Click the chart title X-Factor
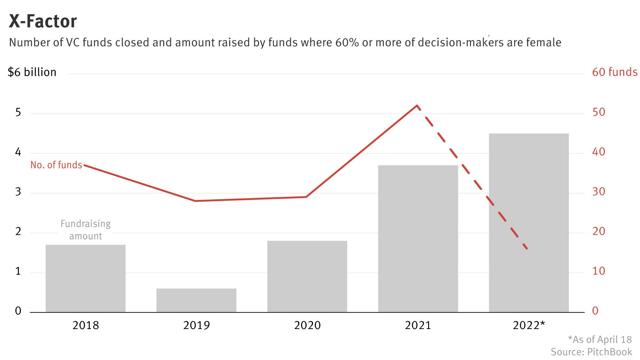(43, 21)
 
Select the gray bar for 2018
(85, 279)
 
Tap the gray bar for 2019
(196, 300)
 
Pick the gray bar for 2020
(307, 277)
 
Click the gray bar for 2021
(418, 239)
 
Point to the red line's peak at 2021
(417, 105)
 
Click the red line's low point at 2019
(195, 201)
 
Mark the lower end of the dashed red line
(526, 248)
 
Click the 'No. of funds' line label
(56, 165)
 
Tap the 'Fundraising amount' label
(86, 230)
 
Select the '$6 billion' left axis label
(32, 72)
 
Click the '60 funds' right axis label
(615, 72)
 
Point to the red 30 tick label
(598, 192)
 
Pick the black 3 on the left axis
(18, 192)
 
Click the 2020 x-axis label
(307, 325)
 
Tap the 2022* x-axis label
(529, 325)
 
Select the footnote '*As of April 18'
(599, 340)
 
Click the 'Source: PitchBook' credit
(591, 352)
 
